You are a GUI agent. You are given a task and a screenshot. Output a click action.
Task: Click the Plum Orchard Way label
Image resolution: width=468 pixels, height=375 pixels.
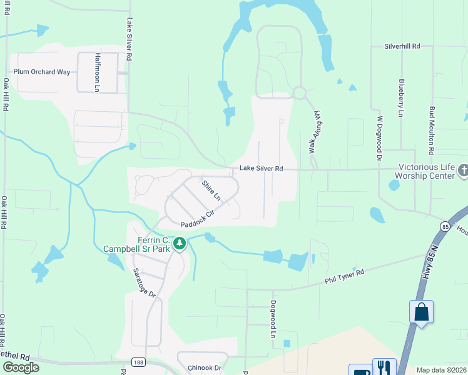(42, 72)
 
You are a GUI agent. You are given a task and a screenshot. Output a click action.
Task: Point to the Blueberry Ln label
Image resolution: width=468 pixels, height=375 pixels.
(400, 97)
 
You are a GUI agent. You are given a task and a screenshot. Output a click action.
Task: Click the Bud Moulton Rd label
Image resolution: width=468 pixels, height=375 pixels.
(431, 129)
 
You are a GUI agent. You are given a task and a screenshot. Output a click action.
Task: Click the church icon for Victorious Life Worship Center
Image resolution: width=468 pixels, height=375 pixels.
(463, 169)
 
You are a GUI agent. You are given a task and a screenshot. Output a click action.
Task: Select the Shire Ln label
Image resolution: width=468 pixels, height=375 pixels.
(211, 190)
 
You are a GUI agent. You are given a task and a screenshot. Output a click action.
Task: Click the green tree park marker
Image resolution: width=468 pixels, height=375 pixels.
(180, 242)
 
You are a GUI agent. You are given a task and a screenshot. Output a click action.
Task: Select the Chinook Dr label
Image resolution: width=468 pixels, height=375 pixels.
(205, 368)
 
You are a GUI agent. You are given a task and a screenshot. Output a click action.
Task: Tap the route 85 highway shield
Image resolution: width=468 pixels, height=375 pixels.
(445, 226)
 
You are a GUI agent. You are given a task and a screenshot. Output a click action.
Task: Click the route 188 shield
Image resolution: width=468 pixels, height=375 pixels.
(140, 362)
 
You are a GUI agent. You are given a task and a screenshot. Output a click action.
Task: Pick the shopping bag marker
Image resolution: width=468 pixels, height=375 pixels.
(421, 311)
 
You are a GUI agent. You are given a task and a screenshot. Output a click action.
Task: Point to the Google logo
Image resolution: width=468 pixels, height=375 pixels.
(21, 367)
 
